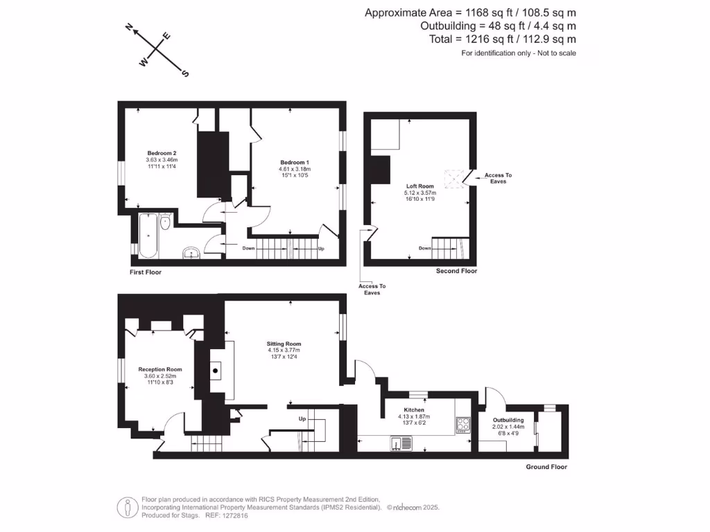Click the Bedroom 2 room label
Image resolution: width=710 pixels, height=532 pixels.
162,153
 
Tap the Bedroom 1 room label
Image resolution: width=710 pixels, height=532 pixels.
295,162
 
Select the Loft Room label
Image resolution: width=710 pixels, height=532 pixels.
420,186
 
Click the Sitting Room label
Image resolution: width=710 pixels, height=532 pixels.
284,344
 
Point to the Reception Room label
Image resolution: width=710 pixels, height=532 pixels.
160,369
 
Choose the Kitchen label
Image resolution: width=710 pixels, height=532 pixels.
415,410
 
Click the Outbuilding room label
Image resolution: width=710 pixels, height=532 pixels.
508,420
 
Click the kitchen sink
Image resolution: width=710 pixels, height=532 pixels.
401,443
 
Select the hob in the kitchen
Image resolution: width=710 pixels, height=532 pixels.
463,423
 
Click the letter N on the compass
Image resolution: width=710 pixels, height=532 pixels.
129,27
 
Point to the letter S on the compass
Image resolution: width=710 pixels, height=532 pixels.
185,73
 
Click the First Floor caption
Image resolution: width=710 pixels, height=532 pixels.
146,272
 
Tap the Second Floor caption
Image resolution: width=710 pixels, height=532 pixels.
456,271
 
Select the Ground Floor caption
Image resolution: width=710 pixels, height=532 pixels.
546,467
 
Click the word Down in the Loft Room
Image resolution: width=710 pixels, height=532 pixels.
425,248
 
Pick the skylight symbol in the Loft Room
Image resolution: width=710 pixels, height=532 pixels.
454,178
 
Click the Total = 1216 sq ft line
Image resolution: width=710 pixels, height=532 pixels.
502,39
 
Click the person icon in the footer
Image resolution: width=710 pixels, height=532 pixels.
126,507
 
